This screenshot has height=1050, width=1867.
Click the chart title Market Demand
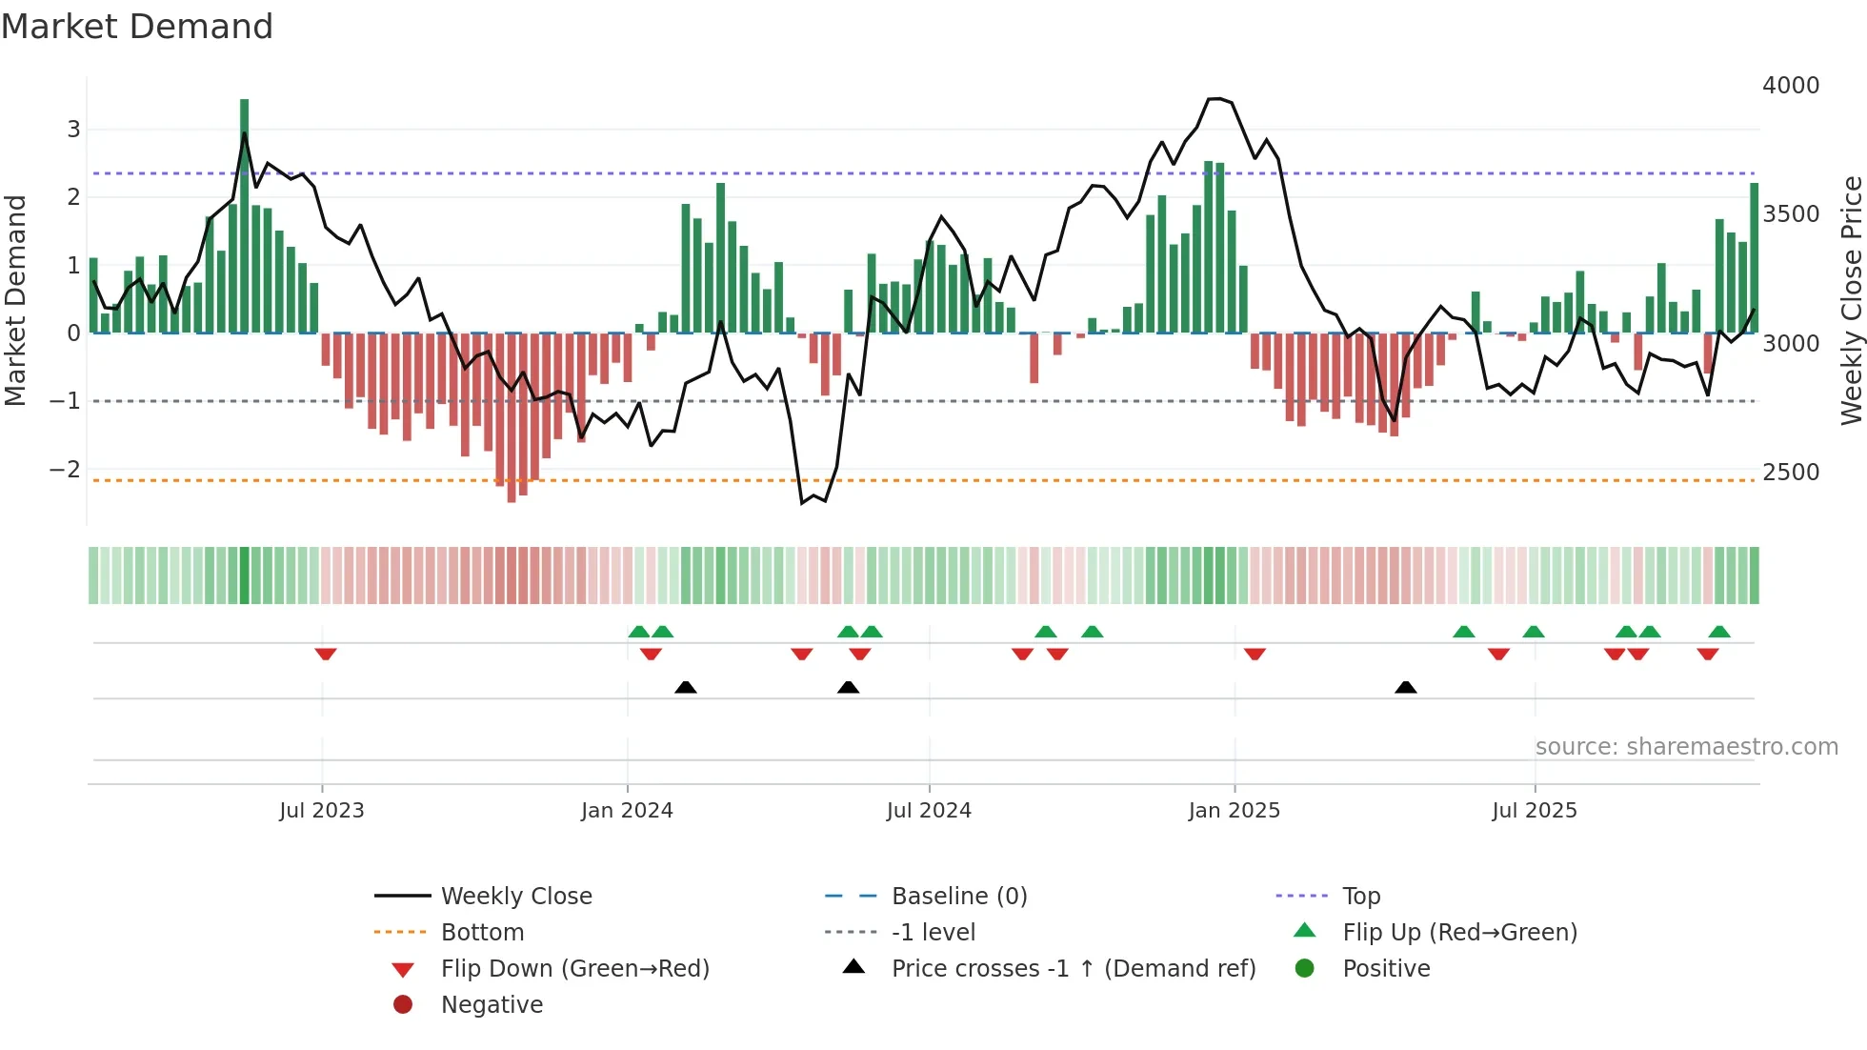click(137, 27)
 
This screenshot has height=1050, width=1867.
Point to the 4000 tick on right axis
click(1790, 86)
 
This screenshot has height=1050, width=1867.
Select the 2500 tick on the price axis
click(1790, 473)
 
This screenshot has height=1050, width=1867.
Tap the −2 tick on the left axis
click(65, 470)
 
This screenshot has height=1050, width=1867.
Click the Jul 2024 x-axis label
click(929, 811)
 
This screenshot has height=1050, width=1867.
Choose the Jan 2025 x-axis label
click(1234, 811)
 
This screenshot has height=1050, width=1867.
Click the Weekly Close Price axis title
click(1851, 300)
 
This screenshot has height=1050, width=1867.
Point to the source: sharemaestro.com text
click(1686, 747)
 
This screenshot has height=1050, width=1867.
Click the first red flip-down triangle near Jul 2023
click(326, 654)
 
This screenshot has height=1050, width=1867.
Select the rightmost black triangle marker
click(1405, 687)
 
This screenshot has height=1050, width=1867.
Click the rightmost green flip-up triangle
click(1718, 632)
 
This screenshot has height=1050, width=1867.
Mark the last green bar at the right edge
click(1754, 257)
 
